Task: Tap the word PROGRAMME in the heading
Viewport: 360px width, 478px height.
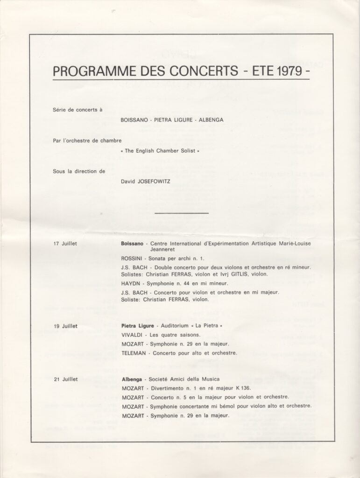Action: coord(86,71)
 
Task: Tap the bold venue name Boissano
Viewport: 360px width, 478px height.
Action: coord(132,244)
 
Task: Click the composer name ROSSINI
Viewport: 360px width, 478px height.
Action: coord(132,258)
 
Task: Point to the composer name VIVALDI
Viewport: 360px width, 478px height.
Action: coord(131,335)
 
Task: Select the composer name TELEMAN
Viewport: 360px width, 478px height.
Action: coord(133,353)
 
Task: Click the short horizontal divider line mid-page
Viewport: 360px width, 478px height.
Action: coord(181,213)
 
